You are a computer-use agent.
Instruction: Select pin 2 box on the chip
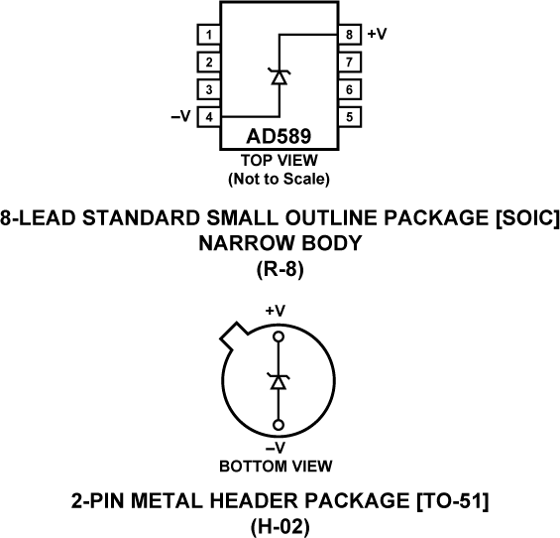[208, 63]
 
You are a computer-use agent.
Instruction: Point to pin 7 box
[349, 63]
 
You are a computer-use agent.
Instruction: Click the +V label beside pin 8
[377, 34]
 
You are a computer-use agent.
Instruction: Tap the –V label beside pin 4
[180, 116]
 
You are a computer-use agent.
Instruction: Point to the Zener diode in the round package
[279, 381]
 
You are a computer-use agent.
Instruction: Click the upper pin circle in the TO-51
[279, 337]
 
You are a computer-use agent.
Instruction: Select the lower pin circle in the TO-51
[279, 428]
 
